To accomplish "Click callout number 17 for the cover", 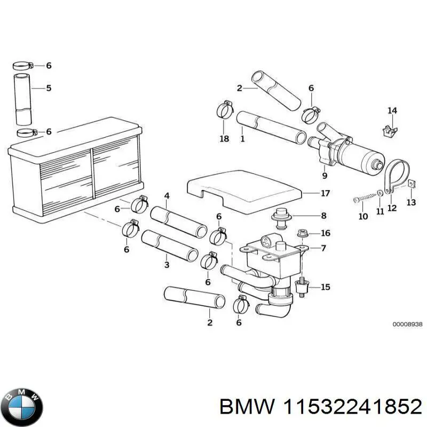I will click(x=324, y=193).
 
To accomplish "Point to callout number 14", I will click(x=392, y=111).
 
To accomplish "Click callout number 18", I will click(x=224, y=139).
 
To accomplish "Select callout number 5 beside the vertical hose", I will click(x=48, y=88).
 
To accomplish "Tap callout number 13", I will click(x=410, y=203).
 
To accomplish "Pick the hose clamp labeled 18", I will click(x=225, y=110).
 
